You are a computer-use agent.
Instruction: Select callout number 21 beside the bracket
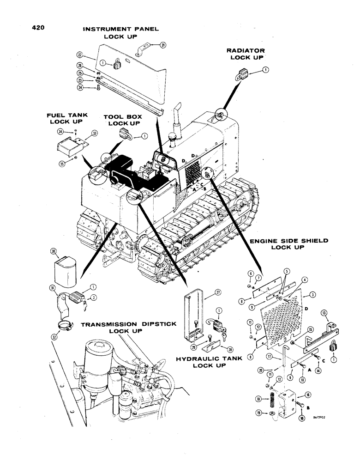(162, 44)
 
